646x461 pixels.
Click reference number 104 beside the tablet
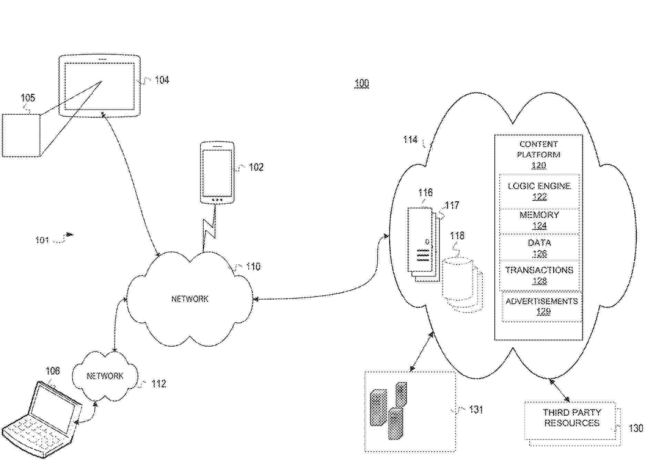coord(162,80)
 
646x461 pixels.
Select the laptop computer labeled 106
coord(43,420)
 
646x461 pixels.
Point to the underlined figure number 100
coord(362,83)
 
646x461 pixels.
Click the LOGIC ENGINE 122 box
coord(539,191)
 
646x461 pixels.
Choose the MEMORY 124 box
coord(539,220)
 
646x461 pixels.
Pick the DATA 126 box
coord(539,248)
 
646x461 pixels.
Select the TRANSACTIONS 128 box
coord(539,275)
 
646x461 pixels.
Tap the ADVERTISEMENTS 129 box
coord(542,306)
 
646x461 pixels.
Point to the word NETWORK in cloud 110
coord(190,299)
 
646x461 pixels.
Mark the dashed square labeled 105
coord(21,135)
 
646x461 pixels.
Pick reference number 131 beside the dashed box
coord(476,410)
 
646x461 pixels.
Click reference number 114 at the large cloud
coord(410,140)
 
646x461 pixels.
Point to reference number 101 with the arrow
coord(42,240)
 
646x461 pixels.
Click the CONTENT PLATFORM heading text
coord(539,149)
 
